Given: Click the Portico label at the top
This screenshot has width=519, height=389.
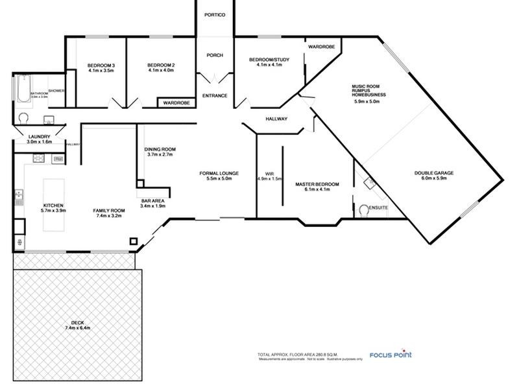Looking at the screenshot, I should [x=214, y=15].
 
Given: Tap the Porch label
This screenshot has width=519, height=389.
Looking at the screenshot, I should [x=214, y=55].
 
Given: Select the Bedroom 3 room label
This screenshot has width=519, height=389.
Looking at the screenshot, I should [x=101, y=65].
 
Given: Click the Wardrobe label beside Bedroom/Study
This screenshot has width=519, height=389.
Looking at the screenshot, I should [x=321, y=47].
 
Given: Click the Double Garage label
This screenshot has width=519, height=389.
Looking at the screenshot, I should [x=434, y=173].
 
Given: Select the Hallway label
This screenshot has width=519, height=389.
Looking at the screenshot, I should [x=276, y=119].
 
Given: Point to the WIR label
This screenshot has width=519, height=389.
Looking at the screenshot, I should [x=270, y=173].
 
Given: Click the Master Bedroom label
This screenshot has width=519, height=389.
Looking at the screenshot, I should [x=313, y=184].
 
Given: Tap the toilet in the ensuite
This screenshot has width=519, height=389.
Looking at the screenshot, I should [x=363, y=210].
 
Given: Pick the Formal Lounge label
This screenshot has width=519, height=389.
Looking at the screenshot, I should [x=219, y=173].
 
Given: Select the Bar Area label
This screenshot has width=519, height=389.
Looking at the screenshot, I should [x=152, y=202].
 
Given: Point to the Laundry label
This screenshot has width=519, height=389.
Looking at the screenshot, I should [x=38, y=137].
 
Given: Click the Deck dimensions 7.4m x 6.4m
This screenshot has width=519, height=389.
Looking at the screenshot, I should [x=78, y=329].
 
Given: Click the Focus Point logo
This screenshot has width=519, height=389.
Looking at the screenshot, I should [x=390, y=355].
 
